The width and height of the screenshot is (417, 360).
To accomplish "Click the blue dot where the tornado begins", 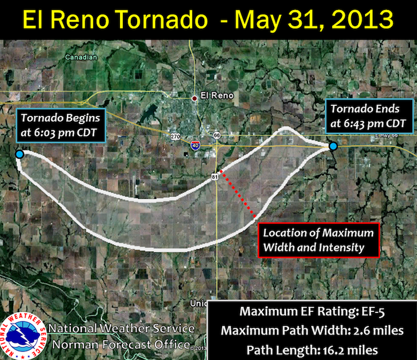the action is point(19,154).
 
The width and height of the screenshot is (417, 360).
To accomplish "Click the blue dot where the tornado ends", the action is point(333,146).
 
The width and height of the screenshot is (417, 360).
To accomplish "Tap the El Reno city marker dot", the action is point(194,99).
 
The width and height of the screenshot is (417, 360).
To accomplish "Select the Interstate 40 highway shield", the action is point(195,146).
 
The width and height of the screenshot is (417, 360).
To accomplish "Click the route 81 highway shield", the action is point(215,177).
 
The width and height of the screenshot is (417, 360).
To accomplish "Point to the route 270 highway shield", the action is point(175,137).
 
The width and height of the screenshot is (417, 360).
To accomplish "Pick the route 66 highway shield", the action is point(217,136).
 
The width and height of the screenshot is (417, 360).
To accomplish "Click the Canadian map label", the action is point(81,57).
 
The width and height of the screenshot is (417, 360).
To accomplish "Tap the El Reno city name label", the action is point(217,95).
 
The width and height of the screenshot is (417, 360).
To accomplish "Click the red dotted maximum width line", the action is point(238,194).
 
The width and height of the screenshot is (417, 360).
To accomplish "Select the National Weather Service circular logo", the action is point(23,336).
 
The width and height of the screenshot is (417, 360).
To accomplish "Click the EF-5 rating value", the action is point(373,312).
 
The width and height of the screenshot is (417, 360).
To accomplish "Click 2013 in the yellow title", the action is point(362,19).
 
